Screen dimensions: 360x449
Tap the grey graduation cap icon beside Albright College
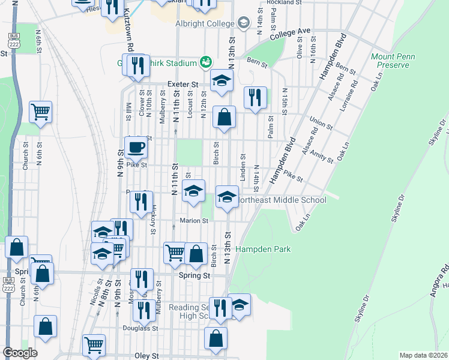pyautogui.click(x=243, y=23)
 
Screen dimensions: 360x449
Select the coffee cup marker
pyautogui.click(x=136, y=147)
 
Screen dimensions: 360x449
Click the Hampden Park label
pyautogui.click(x=263, y=249)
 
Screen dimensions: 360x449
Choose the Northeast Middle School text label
pyautogui.click(x=282, y=200)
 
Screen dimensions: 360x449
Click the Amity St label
pyautogui.click(x=322, y=158)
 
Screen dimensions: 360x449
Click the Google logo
pyautogui.click(x=19, y=353)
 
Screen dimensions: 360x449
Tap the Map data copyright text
pyautogui.click(x=424, y=355)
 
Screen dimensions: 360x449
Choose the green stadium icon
pyautogui.click(x=206, y=62)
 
